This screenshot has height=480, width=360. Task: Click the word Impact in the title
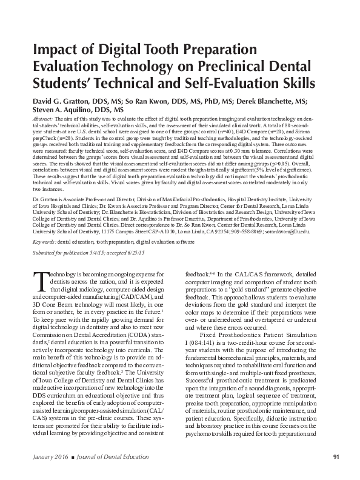click(x=53, y=50)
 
